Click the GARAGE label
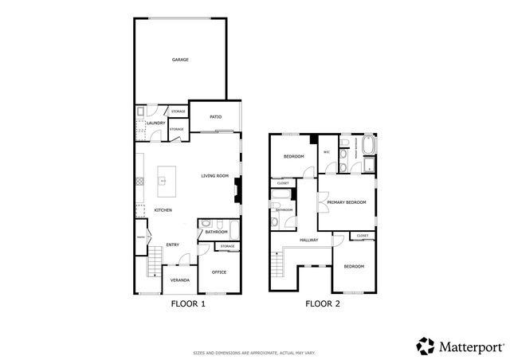(x=180, y=60)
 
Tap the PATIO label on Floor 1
(x=215, y=117)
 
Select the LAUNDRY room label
(x=155, y=123)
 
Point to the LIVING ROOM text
(x=214, y=176)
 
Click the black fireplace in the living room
(x=237, y=190)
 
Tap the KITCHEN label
(x=163, y=210)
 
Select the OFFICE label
(x=219, y=272)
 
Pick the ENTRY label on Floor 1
(x=171, y=245)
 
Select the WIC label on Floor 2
(x=327, y=151)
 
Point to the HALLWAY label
(x=309, y=240)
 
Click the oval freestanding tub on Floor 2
(x=368, y=146)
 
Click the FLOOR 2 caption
(x=323, y=304)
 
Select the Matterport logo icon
(x=426, y=346)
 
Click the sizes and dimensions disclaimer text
(x=254, y=352)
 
